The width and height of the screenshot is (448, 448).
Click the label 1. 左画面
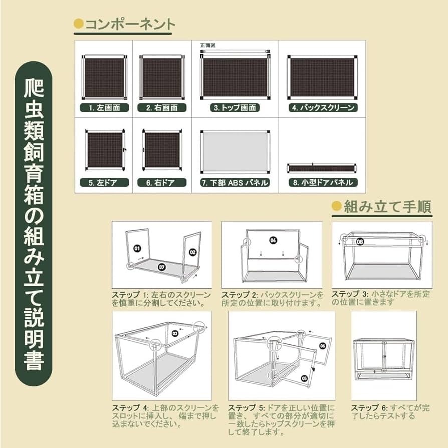[x=104, y=108]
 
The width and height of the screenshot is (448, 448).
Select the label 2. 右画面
[x=162, y=108]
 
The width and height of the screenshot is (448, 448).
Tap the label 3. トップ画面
[x=235, y=108]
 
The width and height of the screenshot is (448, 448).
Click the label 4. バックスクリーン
[x=323, y=108]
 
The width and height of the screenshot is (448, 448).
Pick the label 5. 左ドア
[x=104, y=183]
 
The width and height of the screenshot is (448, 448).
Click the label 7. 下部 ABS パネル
[x=235, y=183]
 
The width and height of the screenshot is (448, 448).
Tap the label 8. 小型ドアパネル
[x=323, y=183]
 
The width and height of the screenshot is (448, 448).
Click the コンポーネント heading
[x=129, y=24]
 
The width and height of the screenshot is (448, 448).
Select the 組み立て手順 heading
[x=387, y=207]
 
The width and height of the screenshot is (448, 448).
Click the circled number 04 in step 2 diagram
[x=273, y=240]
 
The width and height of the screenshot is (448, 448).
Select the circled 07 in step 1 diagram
[x=161, y=267]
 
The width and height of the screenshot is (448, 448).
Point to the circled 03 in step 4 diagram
[x=175, y=333]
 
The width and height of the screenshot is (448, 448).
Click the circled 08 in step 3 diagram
[x=360, y=241]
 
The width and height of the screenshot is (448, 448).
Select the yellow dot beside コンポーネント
[x=78, y=24]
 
